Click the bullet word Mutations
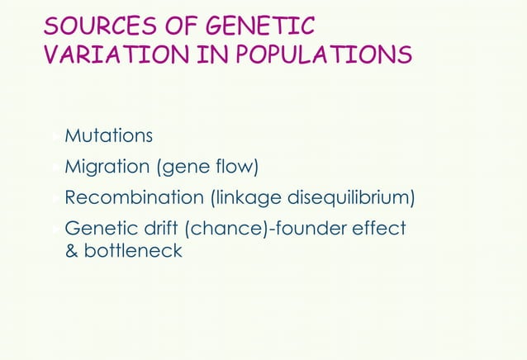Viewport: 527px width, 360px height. point(108,135)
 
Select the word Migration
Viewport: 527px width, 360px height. point(107,167)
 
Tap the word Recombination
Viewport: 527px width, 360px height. point(135,198)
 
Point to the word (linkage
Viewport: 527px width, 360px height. point(247,199)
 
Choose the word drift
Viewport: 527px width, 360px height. point(158,229)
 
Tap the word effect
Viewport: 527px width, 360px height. point(379,229)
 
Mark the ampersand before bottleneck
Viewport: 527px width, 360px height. point(71,250)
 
